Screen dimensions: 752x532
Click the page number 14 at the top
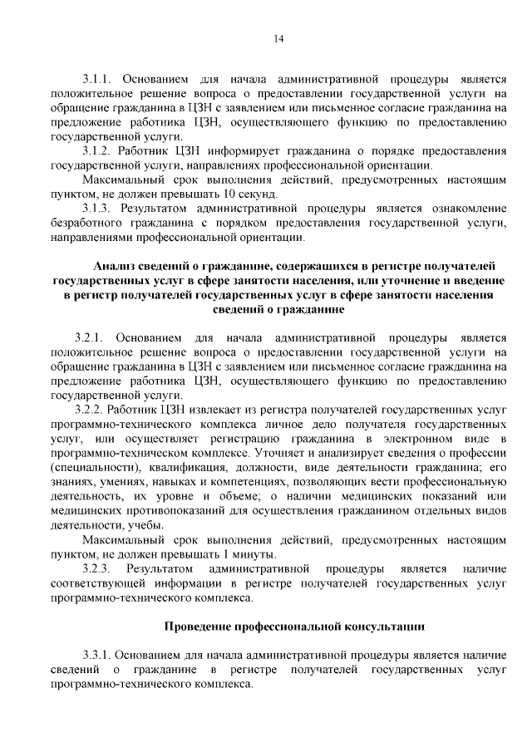[x=278, y=38]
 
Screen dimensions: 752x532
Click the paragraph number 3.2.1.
[x=87, y=339]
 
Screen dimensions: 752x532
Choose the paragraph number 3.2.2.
[x=89, y=410]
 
